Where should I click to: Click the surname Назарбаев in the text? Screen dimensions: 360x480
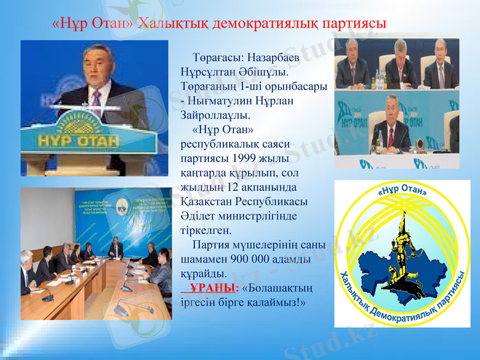274,59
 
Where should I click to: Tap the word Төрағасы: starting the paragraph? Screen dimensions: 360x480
218,59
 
